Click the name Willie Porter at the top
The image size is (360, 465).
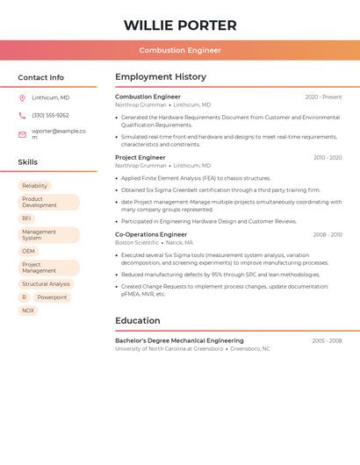pos(180,25)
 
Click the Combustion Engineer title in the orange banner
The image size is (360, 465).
pos(180,50)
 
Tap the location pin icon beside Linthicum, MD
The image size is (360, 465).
pos(22,97)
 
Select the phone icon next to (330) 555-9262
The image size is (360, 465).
pos(22,115)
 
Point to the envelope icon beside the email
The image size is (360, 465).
pos(22,134)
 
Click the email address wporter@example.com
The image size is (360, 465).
pos(59,133)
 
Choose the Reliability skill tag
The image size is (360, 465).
pos(35,186)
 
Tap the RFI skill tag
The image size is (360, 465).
pos(26,218)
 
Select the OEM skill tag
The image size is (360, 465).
pos(29,251)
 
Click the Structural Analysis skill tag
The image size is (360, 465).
pos(46,284)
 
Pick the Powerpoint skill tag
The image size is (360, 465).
pos(52,297)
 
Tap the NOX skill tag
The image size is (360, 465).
pos(28,311)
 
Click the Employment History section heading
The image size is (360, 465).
pos(161,77)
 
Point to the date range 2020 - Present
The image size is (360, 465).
pos(323,97)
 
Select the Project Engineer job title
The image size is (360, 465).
pos(140,158)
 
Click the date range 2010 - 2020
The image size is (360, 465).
pos(328,158)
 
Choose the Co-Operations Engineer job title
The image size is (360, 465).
pos(151,234)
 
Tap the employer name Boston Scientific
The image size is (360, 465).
pos(137,242)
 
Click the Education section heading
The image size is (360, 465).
pos(138,321)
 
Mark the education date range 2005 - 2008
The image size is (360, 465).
pos(327,340)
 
